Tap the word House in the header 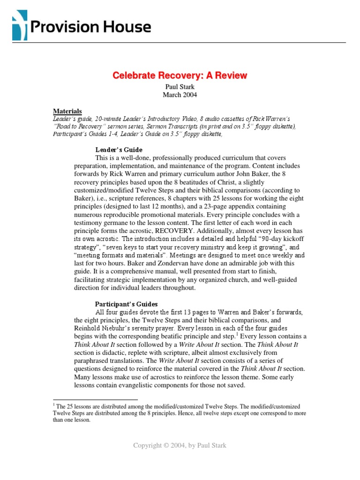tap(128, 27)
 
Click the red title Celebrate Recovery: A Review tap(180, 75)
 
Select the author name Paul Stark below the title tap(180, 87)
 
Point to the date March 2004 tap(180, 95)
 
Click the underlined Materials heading tap(67, 112)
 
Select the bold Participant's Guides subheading tap(126, 304)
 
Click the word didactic tap(113, 352)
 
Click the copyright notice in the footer tap(180, 445)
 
